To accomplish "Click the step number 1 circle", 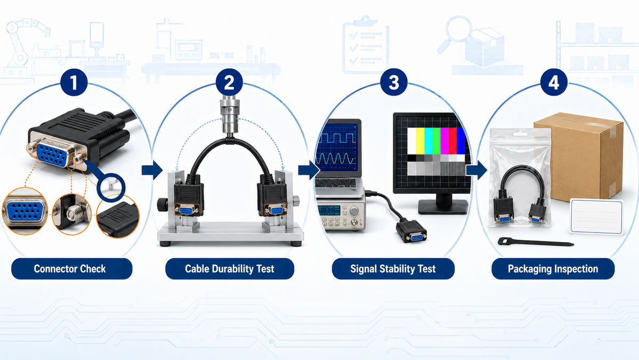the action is pos(74,82).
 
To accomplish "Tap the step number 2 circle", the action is pos(229,82).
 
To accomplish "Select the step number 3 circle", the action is pos(393,82).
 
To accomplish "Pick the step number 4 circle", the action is pos(553,82).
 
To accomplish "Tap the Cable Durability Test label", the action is pos(230,269).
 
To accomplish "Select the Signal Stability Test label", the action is pos(393,269).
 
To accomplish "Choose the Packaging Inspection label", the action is pos(553,269).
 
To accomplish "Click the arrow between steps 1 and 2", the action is pos(152,170).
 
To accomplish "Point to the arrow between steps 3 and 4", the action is pos(476,170).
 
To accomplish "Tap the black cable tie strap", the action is pos(536,242).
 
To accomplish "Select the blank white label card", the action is pos(596,217).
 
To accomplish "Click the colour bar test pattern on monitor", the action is pos(436,151).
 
